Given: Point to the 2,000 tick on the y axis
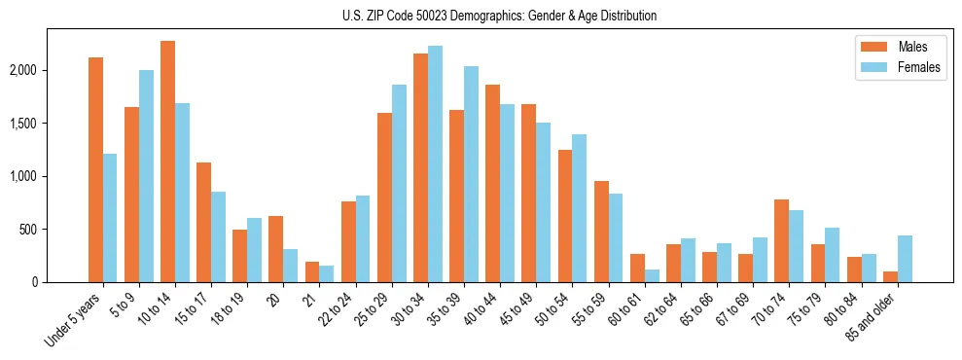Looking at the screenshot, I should tap(51, 71).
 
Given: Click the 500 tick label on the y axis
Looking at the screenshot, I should tap(56, 230).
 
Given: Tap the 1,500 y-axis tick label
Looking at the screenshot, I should tap(51, 124).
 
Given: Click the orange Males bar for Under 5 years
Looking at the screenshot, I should tap(95, 170).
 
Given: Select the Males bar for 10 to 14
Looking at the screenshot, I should tap(167, 162).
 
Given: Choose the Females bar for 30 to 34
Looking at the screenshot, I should tap(435, 164).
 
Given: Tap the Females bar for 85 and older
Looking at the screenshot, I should tap(905, 259).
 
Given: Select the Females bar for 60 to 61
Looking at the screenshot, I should tap(652, 276).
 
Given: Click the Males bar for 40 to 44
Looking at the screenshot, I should tap(493, 184).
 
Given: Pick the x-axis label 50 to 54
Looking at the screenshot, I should tap(554, 311).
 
